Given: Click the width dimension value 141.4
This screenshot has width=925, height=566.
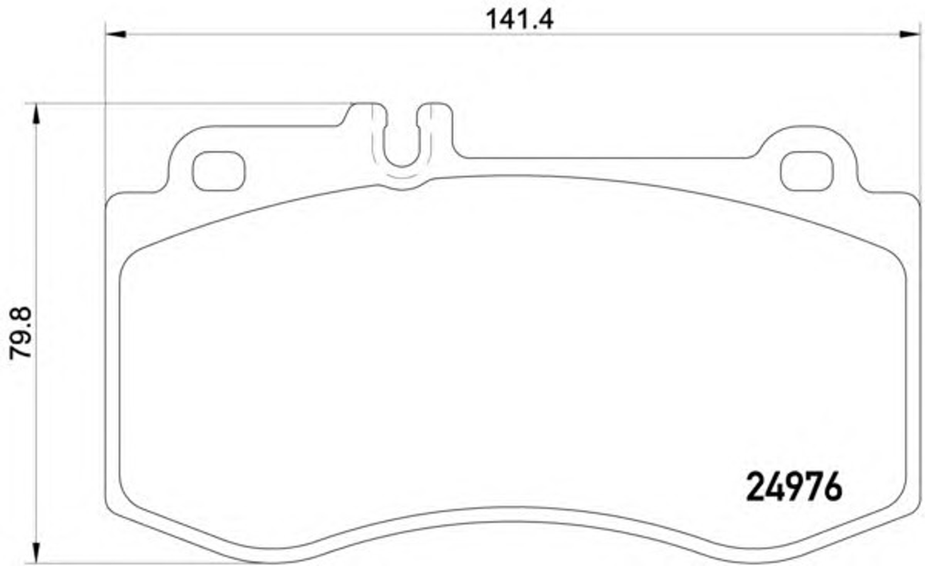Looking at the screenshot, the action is click(519, 20).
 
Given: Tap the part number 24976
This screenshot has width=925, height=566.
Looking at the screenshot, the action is click(794, 487).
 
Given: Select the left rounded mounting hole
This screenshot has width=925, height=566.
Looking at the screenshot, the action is click(219, 171).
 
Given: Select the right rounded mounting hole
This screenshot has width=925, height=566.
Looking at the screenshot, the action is click(807, 171).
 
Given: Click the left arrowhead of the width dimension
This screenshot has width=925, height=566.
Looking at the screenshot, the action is click(116, 34).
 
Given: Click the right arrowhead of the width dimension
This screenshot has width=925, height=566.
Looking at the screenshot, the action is click(909, 34).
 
